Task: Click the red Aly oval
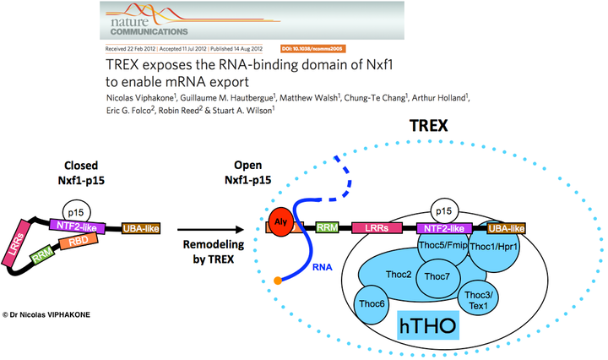pos(280,225)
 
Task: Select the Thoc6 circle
pos(372,303)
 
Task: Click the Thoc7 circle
pos(437,276)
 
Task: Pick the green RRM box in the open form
pos(328,227)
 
